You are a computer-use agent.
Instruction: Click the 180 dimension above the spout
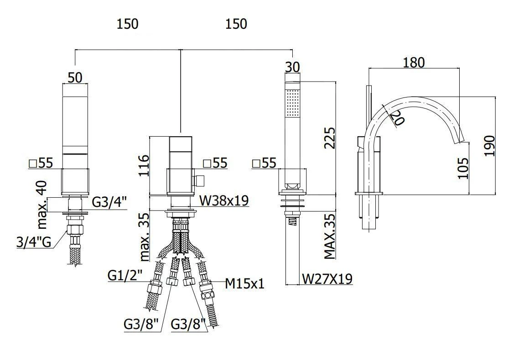pos(414,62)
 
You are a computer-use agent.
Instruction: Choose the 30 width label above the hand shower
pos(292,67)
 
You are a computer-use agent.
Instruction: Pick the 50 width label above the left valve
pos(75,77)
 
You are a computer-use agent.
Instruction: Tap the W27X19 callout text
pos(327,278)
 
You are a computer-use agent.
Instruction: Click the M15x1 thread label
pos(245,283)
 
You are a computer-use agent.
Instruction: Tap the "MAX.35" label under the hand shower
pos(330,237)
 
